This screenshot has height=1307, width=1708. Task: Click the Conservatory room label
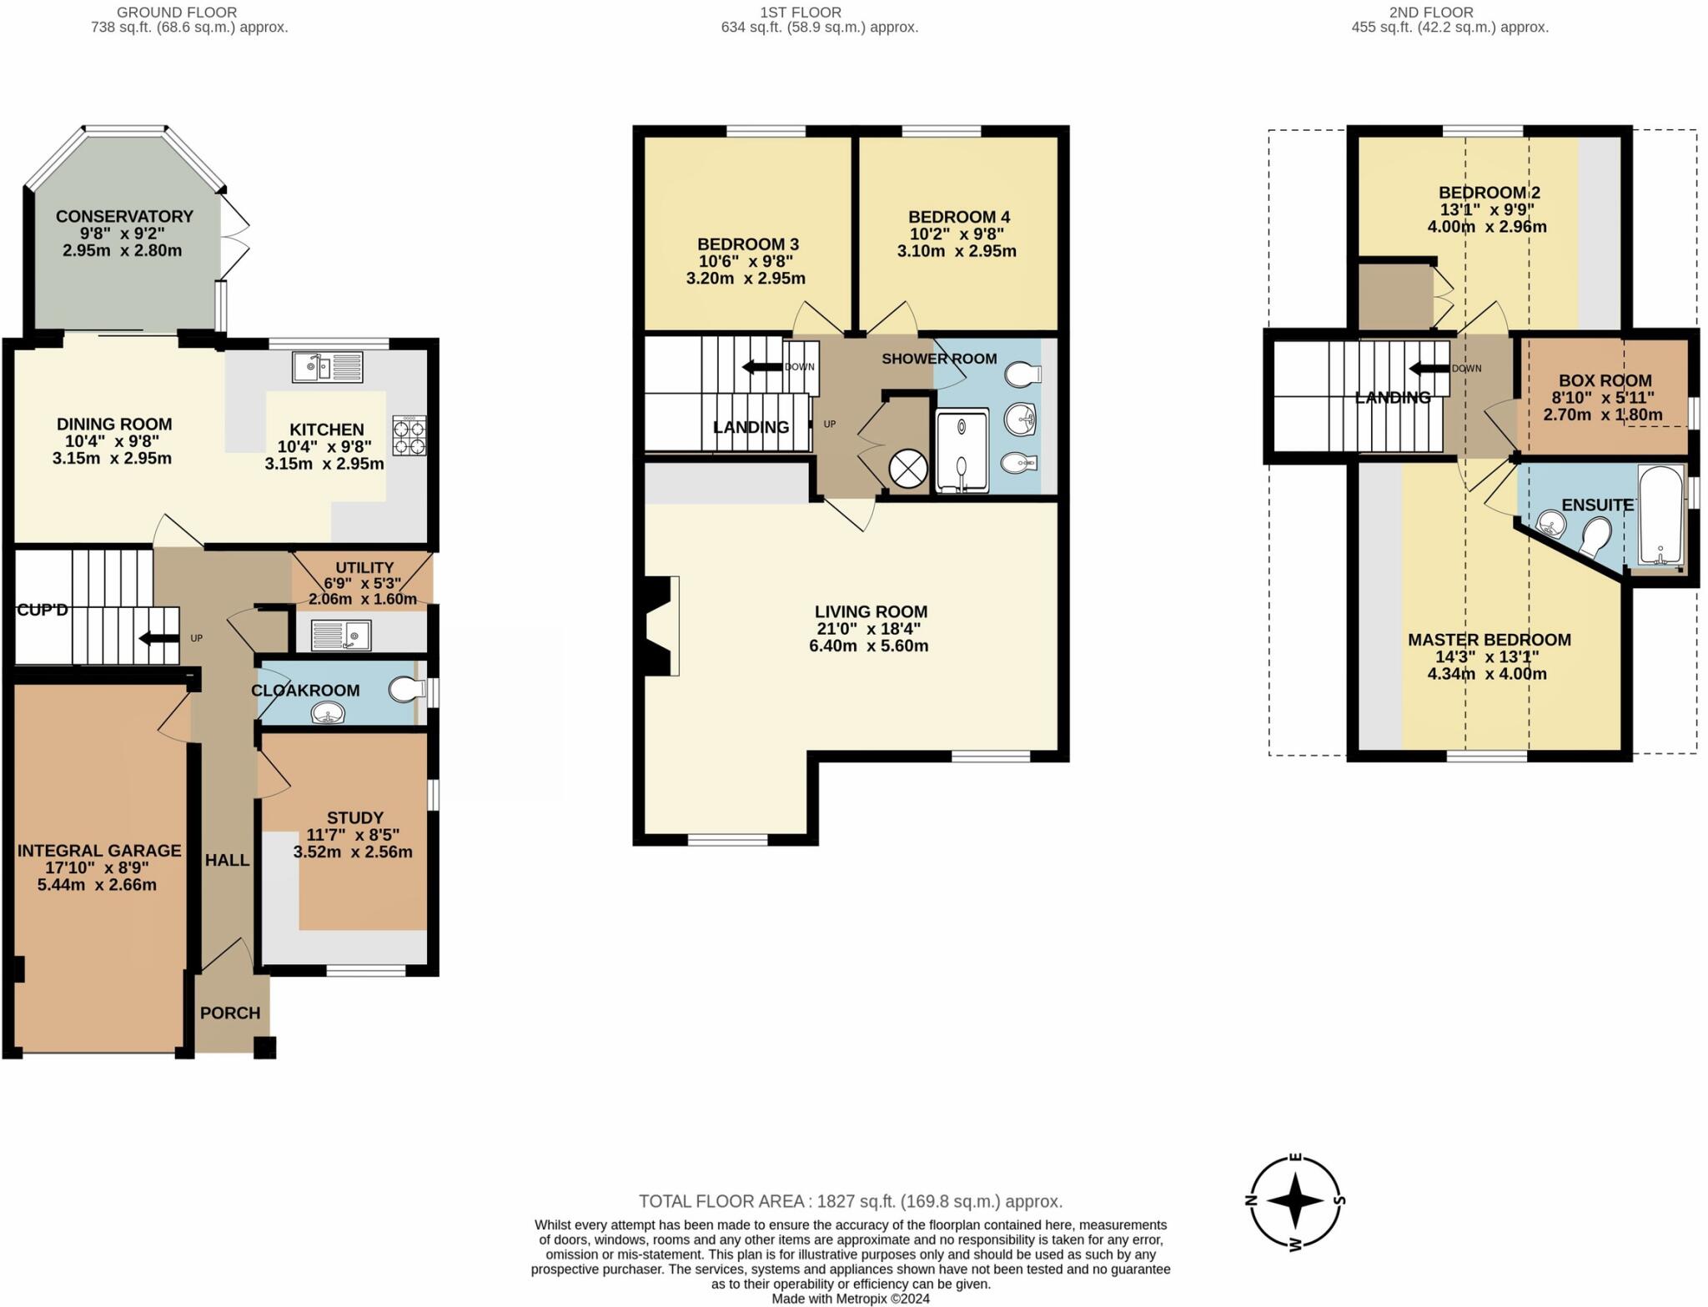point(124,216)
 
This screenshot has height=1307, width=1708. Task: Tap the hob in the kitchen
point(409,435)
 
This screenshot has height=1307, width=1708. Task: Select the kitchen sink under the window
point(327,367)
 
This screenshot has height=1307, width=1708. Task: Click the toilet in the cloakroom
point(405,690)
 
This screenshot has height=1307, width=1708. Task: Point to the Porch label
point(230,1013)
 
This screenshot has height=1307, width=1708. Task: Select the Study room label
point(355,817)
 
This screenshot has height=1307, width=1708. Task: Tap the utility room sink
point(341,635)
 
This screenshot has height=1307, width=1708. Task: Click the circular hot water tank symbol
point(908,469)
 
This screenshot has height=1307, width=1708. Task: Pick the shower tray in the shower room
point(962,450)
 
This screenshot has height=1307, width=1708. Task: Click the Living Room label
point(871,611)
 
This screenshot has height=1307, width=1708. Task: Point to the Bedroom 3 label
point(747,244)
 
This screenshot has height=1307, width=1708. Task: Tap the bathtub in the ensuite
point(1660,515)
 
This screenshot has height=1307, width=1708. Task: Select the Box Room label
point(1605,380)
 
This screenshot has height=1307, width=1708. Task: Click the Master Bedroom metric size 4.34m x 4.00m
point(1486,674)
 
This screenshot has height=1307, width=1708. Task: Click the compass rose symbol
point(1295,1201)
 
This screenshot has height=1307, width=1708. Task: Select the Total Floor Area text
point(850,1201)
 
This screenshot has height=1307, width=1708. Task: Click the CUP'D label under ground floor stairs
point(43,610)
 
